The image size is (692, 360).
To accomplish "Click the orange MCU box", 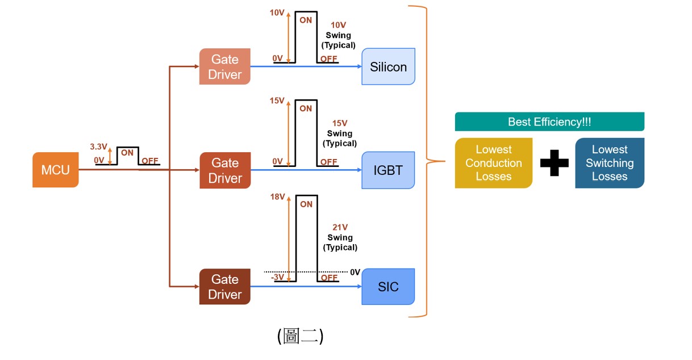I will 55,170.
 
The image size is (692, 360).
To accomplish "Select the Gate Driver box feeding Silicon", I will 225,66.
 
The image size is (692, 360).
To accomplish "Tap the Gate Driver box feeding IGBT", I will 225,170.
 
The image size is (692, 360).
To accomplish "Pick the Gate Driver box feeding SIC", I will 225,287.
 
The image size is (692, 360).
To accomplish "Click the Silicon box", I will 389,67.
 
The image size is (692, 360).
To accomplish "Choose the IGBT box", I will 389,170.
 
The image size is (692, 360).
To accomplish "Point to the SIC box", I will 389,287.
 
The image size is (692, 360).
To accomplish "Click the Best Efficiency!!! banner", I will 549,122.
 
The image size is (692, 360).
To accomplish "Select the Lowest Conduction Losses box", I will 494,163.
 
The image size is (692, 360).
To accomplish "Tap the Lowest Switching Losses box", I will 610,163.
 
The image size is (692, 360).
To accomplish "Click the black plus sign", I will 554,164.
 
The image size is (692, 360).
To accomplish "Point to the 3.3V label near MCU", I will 99,146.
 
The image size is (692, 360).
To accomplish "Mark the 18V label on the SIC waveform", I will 277,197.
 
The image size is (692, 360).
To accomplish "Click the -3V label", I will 277,278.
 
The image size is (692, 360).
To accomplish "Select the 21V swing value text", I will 340,228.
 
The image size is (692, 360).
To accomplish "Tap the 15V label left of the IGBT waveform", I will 277,101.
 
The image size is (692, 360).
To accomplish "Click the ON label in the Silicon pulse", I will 306,20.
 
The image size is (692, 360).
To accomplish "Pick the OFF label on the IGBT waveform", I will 328,162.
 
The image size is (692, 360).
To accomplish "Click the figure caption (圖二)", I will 300,336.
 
